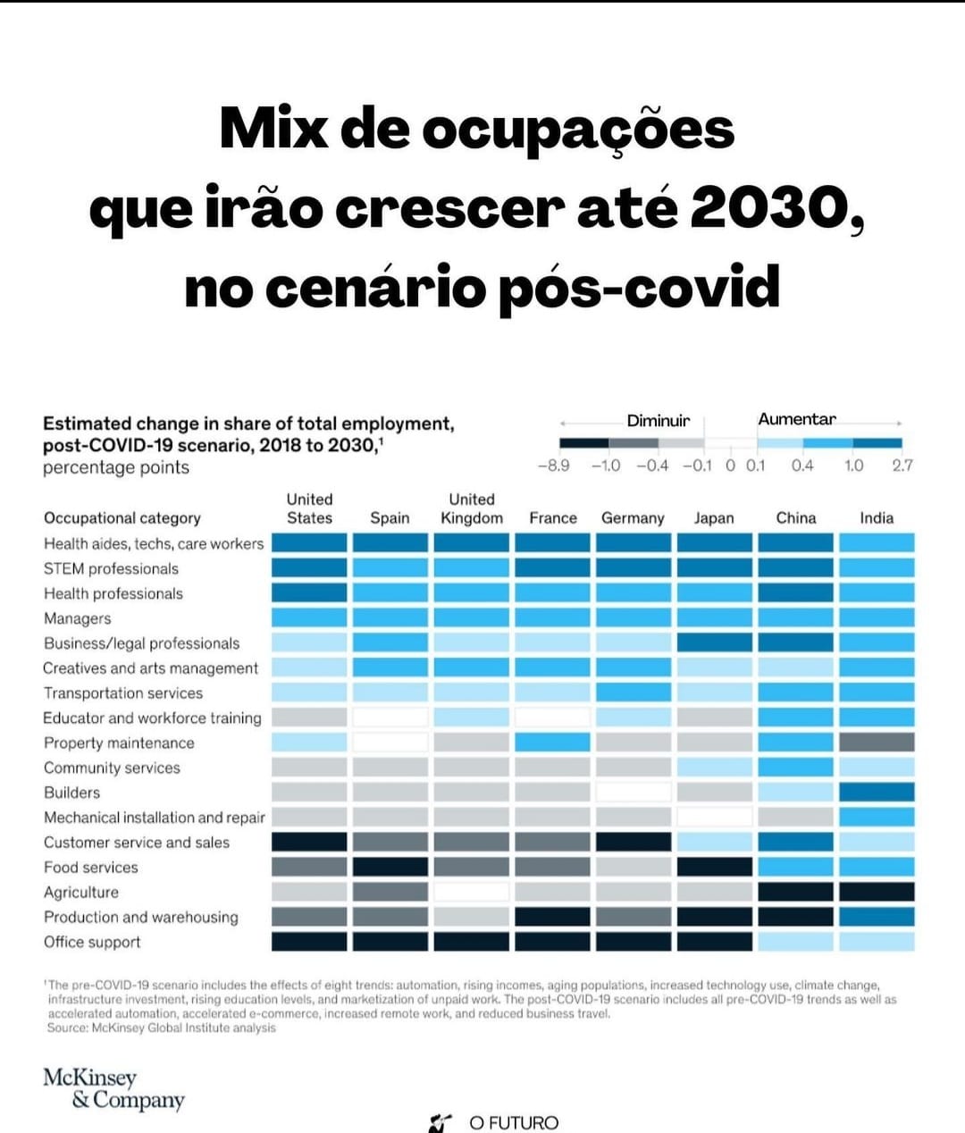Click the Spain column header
click(390, 518)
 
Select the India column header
click(877, 518)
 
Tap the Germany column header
click(633, 518)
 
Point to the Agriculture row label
click(81, 892)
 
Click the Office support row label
click(92, 942)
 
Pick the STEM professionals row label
click(111, 568)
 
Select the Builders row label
click(72, 793)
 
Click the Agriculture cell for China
click(795, 892)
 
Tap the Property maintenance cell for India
click(877, 743)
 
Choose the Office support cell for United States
click(309, 942)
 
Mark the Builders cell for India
click(877, 793)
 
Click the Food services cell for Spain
click(390, 867)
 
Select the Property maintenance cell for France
click(552, 743)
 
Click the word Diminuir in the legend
click(659, 421)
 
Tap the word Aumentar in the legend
click(797, 419)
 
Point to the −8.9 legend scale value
click(553, 466)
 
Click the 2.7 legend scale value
click(902, 466)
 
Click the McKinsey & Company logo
click(113, 1088)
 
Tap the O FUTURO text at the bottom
click(513, 1122)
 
